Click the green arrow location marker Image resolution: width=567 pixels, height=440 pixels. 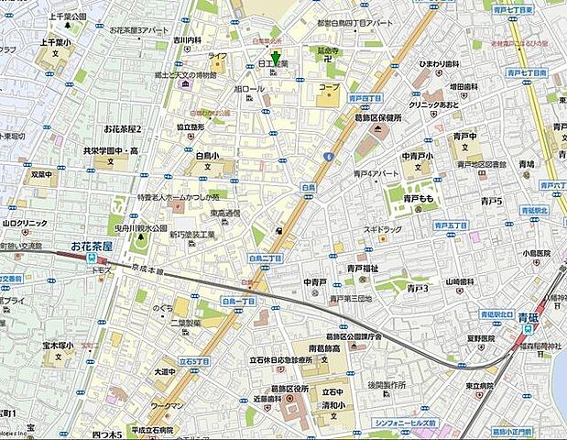click(277, 60)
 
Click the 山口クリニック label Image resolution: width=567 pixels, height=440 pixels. click(25, 222)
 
